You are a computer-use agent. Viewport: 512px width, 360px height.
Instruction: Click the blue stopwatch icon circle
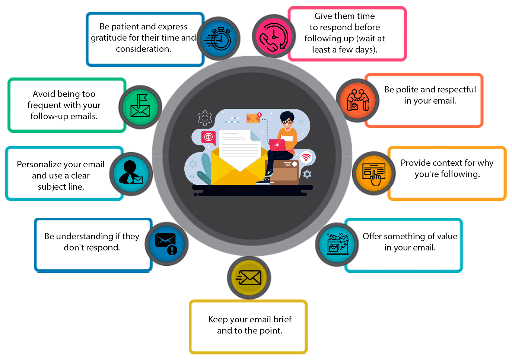(219, 39)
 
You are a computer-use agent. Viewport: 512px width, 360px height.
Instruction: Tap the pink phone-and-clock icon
(274, 37)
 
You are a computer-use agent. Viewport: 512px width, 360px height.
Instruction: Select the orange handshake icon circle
(357, 100)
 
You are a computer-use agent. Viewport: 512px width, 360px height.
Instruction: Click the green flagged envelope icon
(140, 107)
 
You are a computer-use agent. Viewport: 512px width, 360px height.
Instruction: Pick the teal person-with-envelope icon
(131, 174)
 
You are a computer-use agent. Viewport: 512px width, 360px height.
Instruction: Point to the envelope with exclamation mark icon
(166, 244)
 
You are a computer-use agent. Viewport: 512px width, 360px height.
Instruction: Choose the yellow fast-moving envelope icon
(249, 278)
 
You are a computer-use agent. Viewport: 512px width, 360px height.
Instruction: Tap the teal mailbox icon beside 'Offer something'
(337, 244)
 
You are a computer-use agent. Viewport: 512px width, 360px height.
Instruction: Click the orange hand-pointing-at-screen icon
(374, 173)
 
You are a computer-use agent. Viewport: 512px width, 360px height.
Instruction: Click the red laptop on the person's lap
(277, 145)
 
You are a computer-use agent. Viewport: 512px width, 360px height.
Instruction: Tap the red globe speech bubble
(209, 137)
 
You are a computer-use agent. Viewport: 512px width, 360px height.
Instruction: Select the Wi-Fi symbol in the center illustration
(306, 157)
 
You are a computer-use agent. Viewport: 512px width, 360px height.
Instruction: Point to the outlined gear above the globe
(205, 118)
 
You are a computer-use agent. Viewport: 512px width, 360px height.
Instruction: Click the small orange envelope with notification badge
(254, 118)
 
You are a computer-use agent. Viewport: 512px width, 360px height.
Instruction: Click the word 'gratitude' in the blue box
(108, 38)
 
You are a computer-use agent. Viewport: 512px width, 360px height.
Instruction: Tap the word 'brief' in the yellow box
(282, 319)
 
